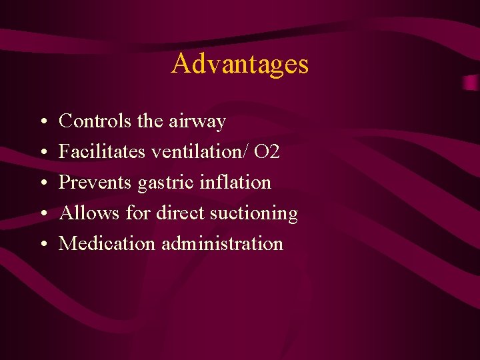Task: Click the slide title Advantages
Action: [240, 64]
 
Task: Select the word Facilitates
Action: [103, 152]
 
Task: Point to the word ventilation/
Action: [200, 152]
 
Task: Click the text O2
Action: [267, 152]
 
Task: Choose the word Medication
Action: [107, 244]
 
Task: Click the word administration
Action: [223, 244]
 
